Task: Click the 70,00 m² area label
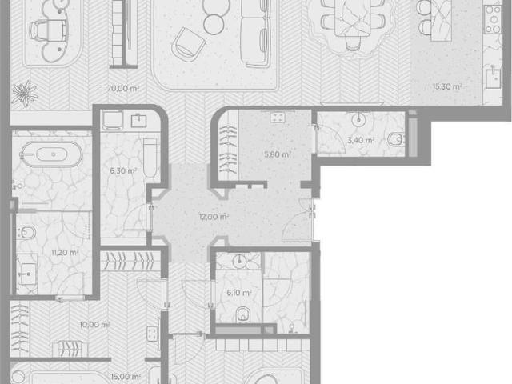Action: [x=123, y=88]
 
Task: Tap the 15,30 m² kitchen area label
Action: [x=447, y=86]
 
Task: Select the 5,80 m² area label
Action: [x=278, y=154]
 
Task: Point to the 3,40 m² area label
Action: [x=361, y=141]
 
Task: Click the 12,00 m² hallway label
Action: [x=214, y=217]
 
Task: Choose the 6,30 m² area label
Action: [x=123, y=170]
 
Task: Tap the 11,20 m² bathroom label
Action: [x=65, y=253]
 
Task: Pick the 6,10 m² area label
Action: [x=239, y=293]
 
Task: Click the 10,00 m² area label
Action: [x=94, y=325]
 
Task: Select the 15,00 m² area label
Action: [x=126, y=377]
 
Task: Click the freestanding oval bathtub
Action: [x=51, y=154]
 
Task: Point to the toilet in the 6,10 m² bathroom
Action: [x=242, y=314]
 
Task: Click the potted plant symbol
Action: [x=25, y=94]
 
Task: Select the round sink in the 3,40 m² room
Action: [x=358, y=119]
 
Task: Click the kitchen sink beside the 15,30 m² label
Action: [x=493, y=78]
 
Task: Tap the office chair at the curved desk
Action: [x=48, y=30]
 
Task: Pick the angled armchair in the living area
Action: [x=188, y=45]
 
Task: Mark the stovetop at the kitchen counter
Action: [x=493, y=19]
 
